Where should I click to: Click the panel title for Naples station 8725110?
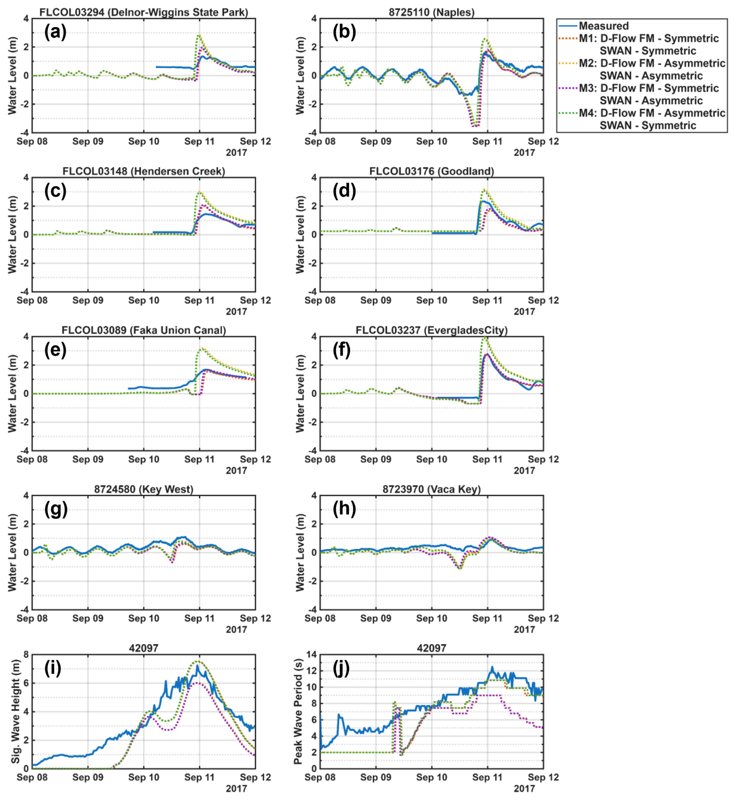click(431, 12)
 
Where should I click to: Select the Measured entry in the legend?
click(603, 26)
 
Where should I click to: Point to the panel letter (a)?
click(55, 32)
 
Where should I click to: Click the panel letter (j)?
click(341, 668)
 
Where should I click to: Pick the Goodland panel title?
click(431, 171)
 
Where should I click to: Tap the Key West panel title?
click(144, 489)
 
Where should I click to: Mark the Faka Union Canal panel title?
click(144, 330)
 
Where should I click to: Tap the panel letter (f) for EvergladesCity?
click(341, 350)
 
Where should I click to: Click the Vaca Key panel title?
click(431, 489)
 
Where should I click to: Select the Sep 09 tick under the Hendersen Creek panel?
click(88, 300)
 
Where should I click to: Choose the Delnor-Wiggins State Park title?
click(144, 12)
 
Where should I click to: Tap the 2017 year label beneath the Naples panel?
click(524, 152)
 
